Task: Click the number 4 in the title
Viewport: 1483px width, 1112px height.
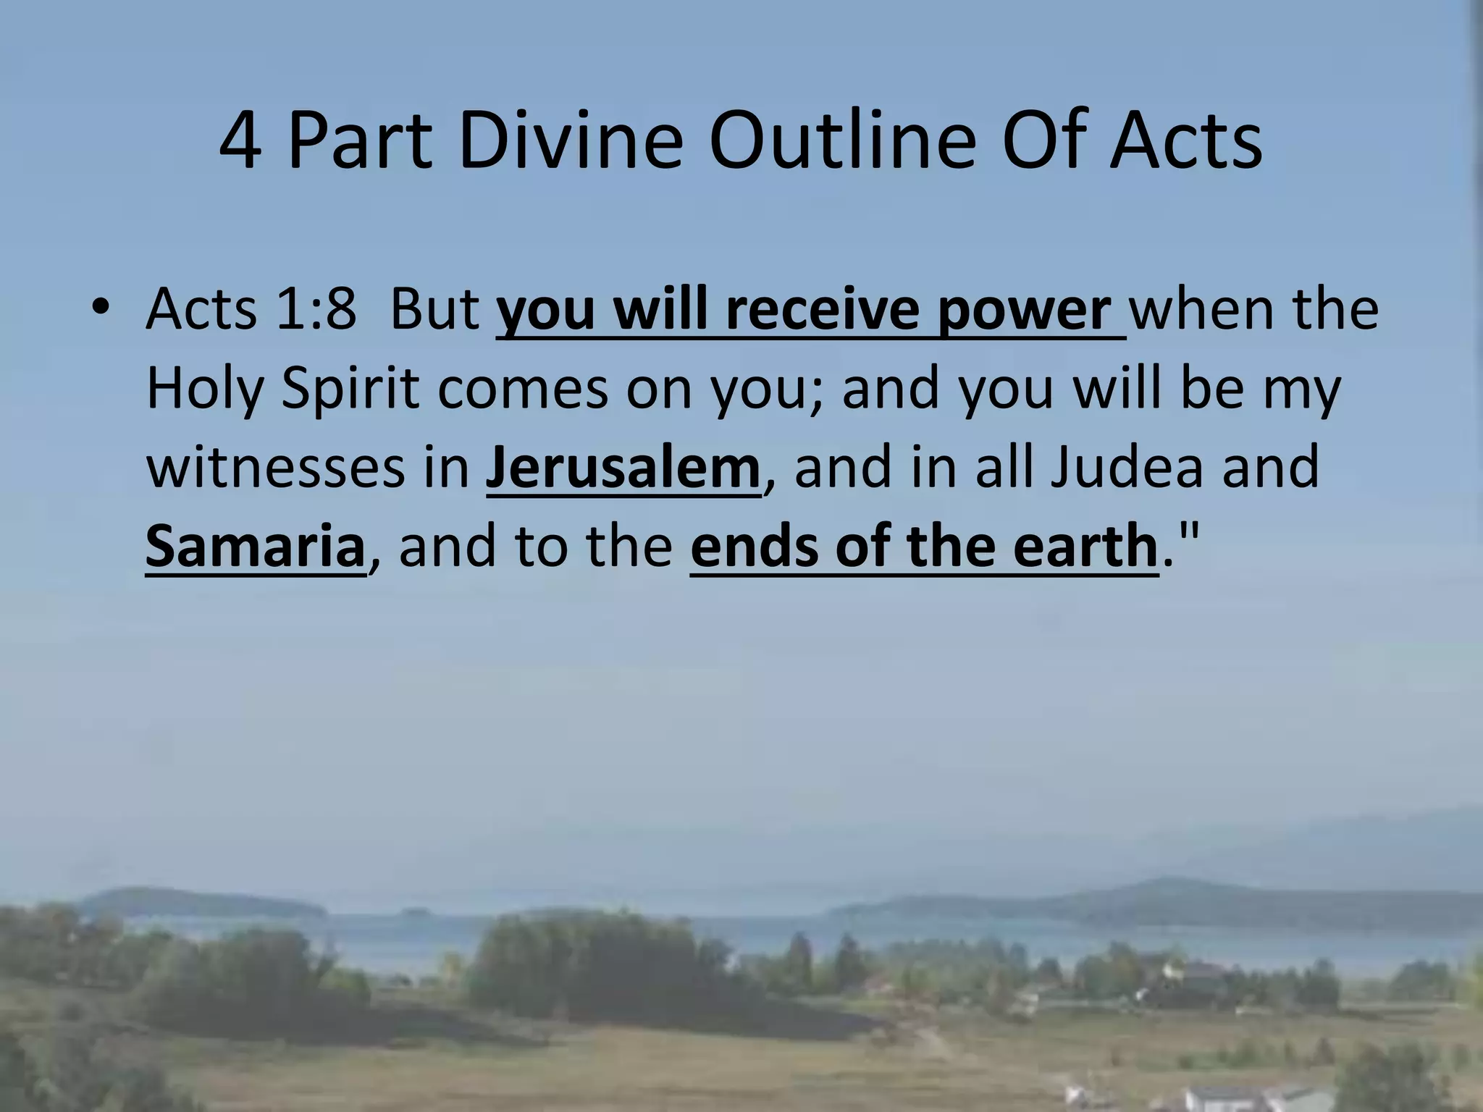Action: pos(240,140)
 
